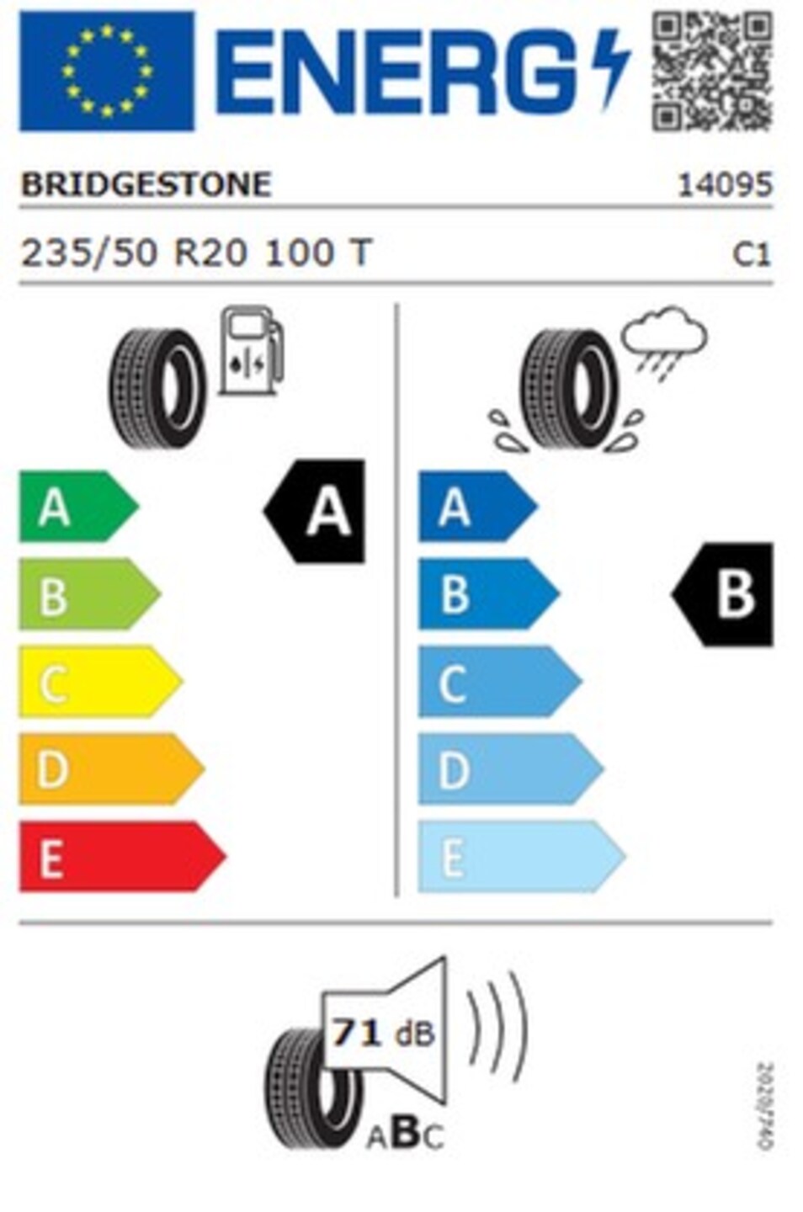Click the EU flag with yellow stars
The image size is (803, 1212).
point(106,71)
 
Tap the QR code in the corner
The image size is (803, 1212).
point(711,71)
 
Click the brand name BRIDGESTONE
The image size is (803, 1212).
point(146,184)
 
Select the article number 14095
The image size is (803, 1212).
point(725,184)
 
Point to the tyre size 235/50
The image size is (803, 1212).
point(88,252)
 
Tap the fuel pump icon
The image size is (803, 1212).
point(251,350)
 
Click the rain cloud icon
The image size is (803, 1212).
point(664,342)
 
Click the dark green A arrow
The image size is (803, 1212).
point(79,507)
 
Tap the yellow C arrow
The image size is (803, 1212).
point(101,682)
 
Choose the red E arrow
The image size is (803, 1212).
point(122,857)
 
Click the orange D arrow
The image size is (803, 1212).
point(111,769)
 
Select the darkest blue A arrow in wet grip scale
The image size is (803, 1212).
point(478,507)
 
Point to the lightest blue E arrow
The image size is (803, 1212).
point(522,857)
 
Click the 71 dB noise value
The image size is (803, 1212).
point(383,1034)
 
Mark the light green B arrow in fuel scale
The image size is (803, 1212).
point(90,594)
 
